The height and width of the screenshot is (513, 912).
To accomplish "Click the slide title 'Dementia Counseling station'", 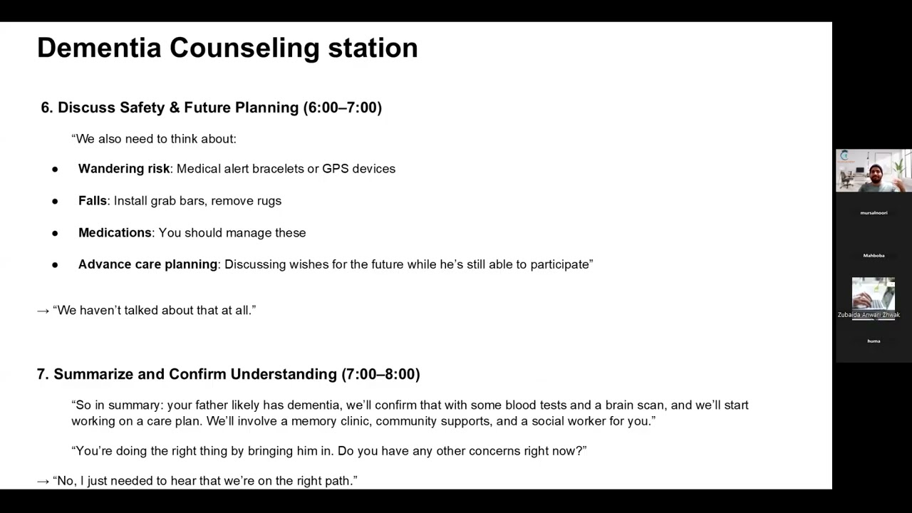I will [x=227, y=48].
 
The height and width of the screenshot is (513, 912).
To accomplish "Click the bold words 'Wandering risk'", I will [x=123, y=169].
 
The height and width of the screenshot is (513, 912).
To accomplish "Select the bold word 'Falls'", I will [x=93, y=201].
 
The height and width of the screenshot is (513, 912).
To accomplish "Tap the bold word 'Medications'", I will [x=115, y=233].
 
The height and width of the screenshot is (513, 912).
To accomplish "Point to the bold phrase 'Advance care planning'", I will [x=147, y=264].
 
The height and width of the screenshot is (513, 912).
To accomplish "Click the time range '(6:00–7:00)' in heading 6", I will [x=343, y=108].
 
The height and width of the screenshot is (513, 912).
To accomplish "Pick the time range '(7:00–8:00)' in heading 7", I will [x=380, y=374].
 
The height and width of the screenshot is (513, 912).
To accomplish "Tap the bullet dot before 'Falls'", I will [x=55, y=202].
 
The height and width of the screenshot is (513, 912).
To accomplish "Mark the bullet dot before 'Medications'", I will [x=55, y=234].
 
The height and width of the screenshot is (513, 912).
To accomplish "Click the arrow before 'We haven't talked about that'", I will [x=43, y=311].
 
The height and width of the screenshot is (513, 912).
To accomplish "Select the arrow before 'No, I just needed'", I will [x=43, y=481].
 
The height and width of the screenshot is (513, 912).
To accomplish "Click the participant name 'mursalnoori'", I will [x=874, y=213].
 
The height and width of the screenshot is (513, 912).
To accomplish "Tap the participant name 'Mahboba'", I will [x=874, y=256].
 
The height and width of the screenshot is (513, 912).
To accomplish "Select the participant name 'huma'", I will [x=874, y=341].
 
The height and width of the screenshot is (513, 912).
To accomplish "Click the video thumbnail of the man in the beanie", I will [x=874, y=171].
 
